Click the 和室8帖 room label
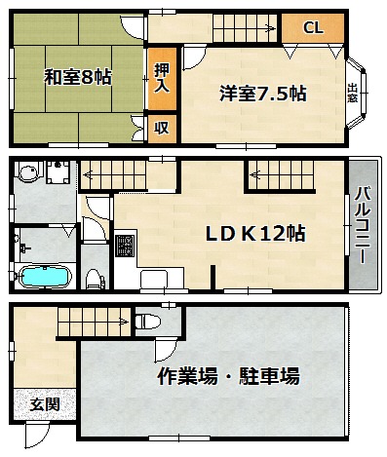point(78,77)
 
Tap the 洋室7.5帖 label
point(263,94)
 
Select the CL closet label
point(313,28)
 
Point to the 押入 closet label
point(162,78)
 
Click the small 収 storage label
point(162,128)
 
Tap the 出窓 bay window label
point(352,93)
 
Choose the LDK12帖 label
point(255,233)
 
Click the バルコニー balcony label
point(363,225)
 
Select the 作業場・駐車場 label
point(229,376)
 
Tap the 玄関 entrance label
point(45,404)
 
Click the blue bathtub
point(45,277)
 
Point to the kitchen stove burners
point(125,246)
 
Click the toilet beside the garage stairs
point(148,322)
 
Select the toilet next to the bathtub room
point(95,279)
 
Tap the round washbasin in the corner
point(29,171)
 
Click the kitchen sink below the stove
point(154,280)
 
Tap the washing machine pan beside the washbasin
point(58,172)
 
